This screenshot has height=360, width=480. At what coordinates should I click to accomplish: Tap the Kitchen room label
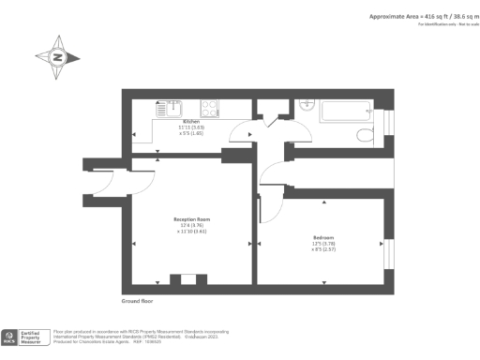pos(191,122)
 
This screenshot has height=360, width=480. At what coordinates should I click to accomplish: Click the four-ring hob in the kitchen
pos(209,108)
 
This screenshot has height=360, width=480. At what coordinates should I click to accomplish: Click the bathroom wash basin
pos(307,106)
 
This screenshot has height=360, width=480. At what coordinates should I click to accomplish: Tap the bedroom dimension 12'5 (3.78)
pos(323,245)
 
